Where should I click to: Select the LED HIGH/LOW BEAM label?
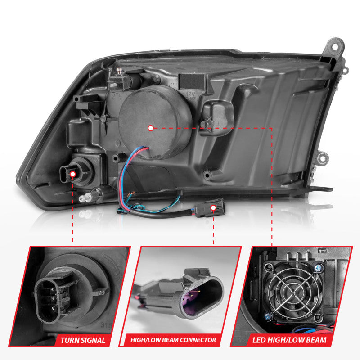(x=296, y=340)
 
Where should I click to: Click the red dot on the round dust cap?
(x=150, y=128)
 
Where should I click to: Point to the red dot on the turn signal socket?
(x=72, y=171)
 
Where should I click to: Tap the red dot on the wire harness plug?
(x=213, y=208)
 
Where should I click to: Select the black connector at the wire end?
(x=208, y=208)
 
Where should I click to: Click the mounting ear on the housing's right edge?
(x=320, y=158)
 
